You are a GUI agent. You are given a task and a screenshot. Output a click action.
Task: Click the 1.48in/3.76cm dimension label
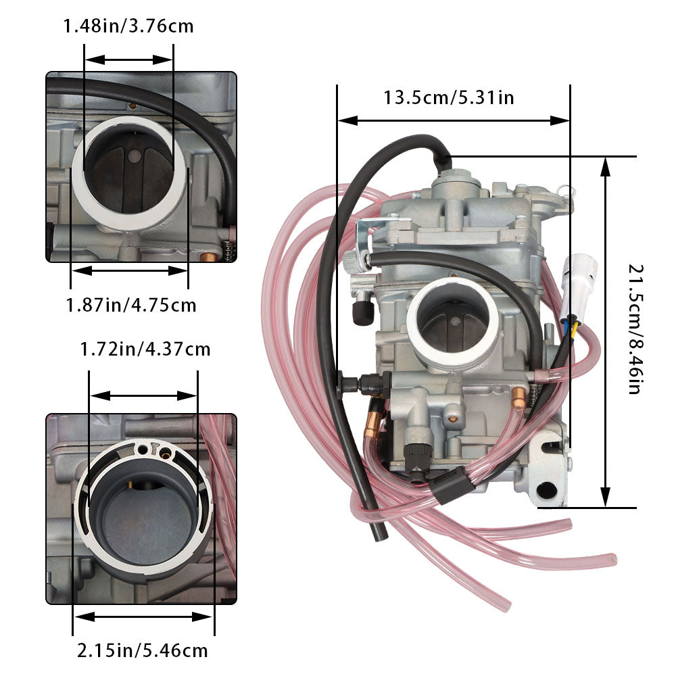128,27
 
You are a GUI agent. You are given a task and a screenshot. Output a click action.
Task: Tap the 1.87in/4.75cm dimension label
130,305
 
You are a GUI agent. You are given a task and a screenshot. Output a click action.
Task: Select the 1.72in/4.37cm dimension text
145,349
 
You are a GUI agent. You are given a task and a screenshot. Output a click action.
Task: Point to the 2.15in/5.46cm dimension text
142,651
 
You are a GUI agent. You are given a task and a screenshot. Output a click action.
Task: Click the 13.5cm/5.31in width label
449,97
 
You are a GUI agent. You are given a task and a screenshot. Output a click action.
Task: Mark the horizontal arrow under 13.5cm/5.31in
453,121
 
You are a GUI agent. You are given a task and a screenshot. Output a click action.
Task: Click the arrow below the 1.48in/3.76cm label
128,59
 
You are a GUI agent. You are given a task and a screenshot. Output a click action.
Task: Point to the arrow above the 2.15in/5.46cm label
143,617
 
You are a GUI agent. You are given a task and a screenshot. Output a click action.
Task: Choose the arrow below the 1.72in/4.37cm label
143,395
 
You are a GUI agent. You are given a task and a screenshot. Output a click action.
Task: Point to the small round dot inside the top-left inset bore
135,156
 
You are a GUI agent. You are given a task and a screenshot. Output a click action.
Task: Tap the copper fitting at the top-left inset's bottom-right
210,258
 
